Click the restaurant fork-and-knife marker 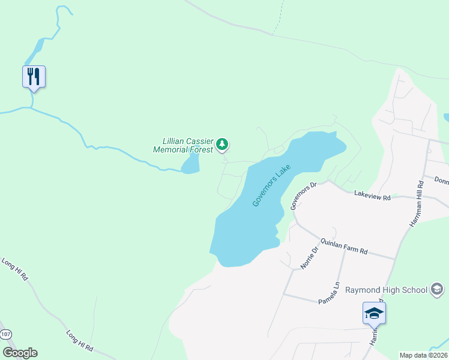pos(34,76)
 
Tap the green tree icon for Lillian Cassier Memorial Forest pos(223,144)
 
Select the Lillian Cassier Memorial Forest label pos(184,146)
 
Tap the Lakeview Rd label pos(372,196)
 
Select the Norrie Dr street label pos(307,257)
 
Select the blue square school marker pos(374,312)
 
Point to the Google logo pos(20,353)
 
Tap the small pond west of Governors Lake pos(191,164)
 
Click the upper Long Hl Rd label pos(14,269)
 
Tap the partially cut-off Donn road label pos(441,181)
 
